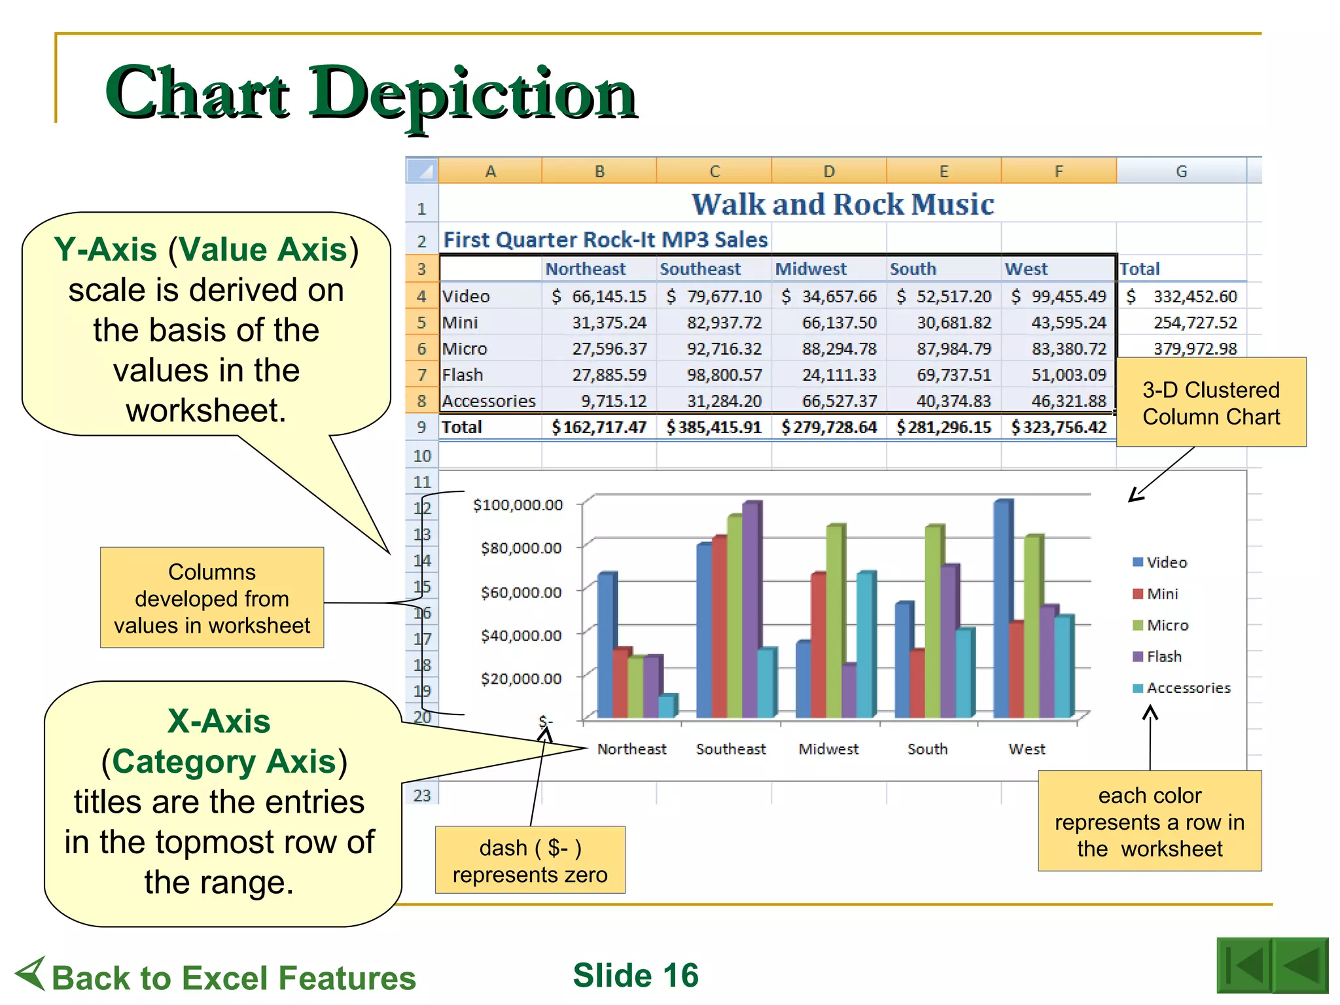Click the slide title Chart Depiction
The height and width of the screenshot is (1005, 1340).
[370, 93]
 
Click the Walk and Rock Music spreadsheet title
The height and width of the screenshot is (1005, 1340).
[843, 205]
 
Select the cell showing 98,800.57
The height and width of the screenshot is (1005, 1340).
[724, 375]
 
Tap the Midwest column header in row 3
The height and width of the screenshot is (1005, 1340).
[811, 269]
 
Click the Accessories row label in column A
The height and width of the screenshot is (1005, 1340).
[489, 401]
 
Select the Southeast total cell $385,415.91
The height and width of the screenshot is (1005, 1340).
[714, 427]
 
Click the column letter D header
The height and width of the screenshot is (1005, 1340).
[828, 171]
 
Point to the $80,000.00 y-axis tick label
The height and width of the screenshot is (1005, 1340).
[521, 548]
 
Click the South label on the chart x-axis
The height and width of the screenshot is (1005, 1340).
[927, 749]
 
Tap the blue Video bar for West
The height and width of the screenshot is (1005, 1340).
[1002, 608]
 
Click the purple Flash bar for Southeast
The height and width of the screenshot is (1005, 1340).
[750, 608]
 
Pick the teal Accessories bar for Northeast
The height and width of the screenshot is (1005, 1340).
[666, 706]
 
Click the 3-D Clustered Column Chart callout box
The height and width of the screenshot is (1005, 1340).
[1210, 403]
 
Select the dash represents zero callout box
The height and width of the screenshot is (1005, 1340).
[530, 860]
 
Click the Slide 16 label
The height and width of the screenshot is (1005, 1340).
[635, 976]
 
